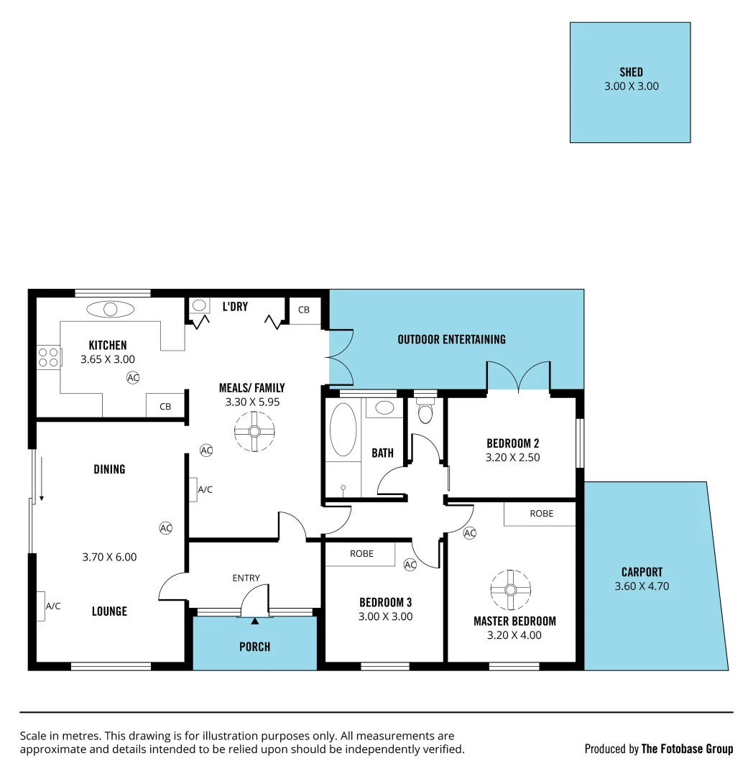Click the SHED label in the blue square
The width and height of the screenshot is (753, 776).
(x=631, y=72)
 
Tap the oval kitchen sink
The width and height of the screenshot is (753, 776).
(x=110, y=310)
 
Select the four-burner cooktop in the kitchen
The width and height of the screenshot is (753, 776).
(x=48, y=358)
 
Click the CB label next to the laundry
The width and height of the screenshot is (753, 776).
(x=304, y=310)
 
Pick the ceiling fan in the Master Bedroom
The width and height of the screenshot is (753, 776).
(x=510, y=590)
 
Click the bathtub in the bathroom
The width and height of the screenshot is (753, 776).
(x=343, y=430)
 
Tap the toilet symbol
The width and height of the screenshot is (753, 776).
(x=425, y=412)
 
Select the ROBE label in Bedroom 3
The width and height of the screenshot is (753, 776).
(x=361, y=554)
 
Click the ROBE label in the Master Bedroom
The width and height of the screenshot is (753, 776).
(x=541, y=514)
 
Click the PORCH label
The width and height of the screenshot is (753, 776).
(x=254, y=647)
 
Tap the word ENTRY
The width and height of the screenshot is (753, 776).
(x=246, y=578)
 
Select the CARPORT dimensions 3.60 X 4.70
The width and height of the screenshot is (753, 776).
(x=642, y=586)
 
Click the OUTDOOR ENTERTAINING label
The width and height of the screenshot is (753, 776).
(x=451, y=339)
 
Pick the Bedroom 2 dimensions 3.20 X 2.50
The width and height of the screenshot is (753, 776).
(x=512, y=457)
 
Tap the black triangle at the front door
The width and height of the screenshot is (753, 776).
(x=254, y=620)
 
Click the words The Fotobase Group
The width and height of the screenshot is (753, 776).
(x=687, y=749)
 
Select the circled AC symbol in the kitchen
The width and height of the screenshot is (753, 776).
(x=133, y=377)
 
